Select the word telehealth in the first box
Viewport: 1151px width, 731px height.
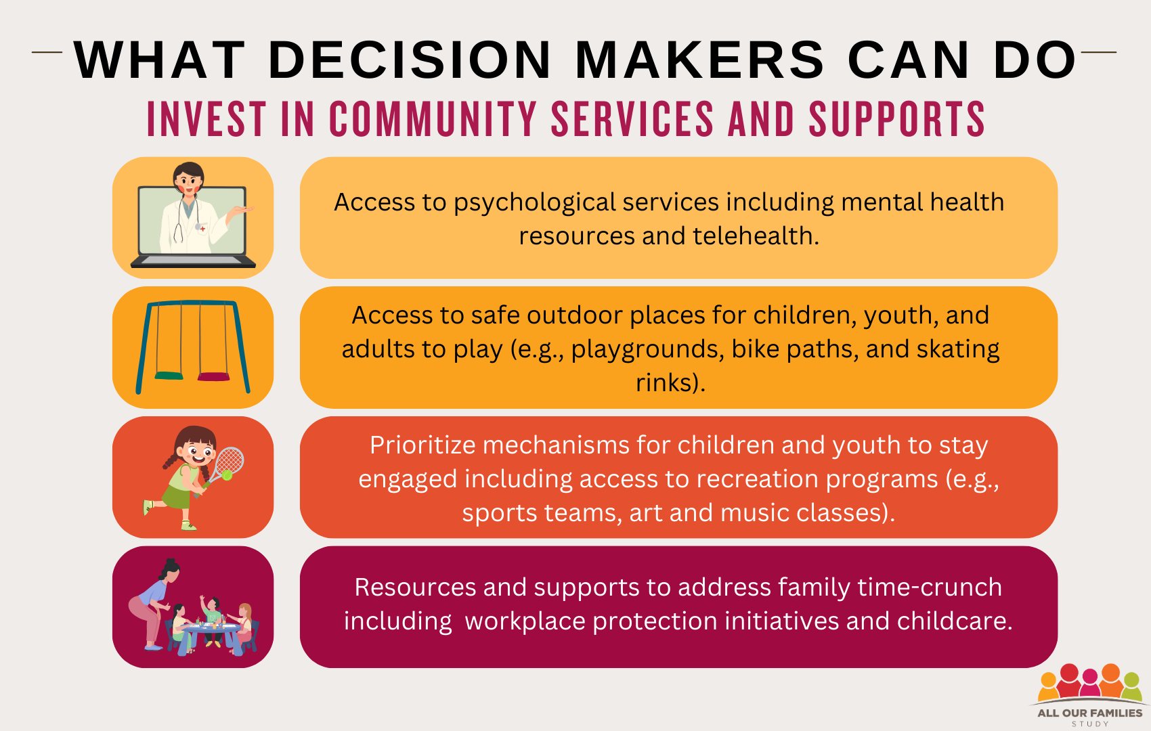(756, 236)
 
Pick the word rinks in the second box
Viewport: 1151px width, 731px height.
(663, 382)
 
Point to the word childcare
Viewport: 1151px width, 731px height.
(955, 621)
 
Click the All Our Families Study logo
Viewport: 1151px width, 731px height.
(1090, 695)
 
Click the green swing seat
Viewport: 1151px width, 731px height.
(169, 376)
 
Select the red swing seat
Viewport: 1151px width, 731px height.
(214, 376)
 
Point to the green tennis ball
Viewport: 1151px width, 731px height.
(227, 474)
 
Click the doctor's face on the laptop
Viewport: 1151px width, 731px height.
(188, 180)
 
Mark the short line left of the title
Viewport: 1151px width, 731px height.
(47, 52)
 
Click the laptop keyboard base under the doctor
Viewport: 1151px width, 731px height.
(193, 261)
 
